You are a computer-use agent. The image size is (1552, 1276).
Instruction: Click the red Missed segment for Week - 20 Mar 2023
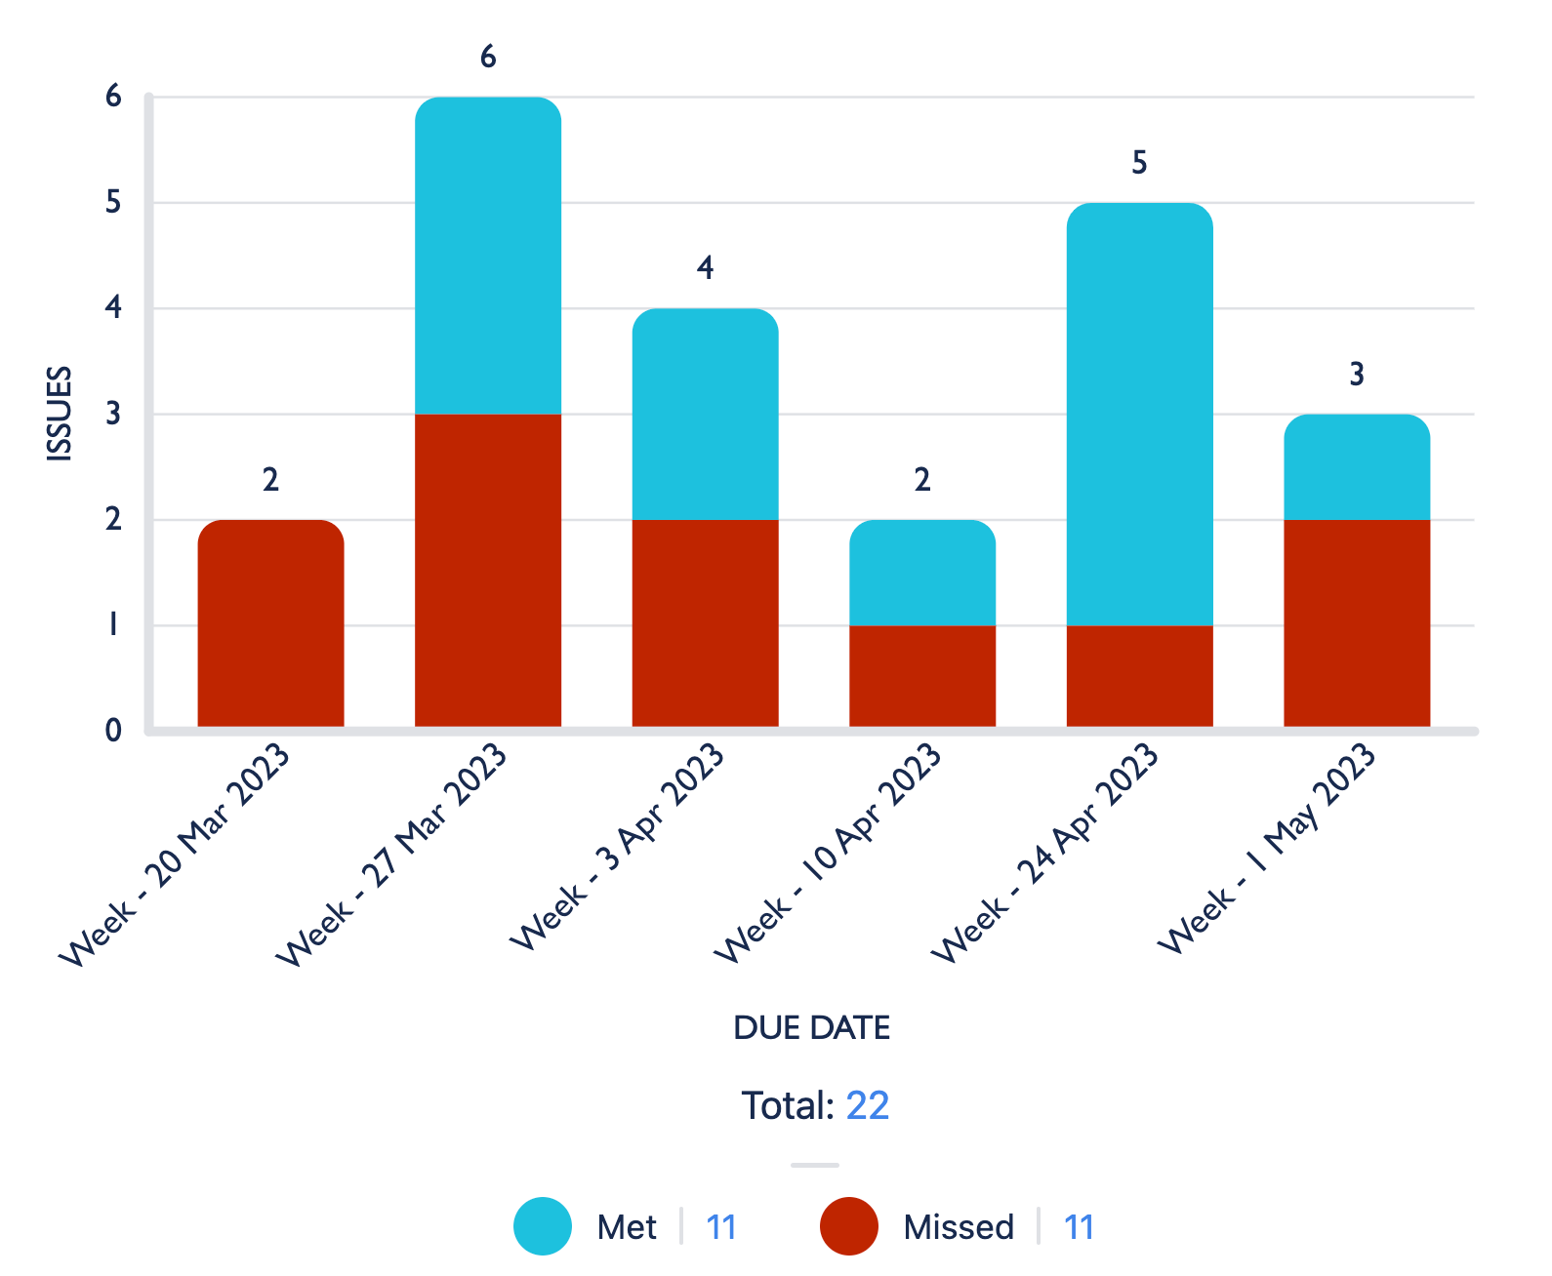270,624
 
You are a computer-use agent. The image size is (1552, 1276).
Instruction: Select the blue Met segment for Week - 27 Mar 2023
488,256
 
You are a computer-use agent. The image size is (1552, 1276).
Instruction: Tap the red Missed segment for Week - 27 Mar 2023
488,571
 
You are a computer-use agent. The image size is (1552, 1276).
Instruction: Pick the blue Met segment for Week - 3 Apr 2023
705,415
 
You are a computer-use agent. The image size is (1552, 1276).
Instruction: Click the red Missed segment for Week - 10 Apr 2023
922,676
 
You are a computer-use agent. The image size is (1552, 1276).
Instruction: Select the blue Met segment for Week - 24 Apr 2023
1139,415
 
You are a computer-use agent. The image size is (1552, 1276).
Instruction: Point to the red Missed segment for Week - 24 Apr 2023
1139,676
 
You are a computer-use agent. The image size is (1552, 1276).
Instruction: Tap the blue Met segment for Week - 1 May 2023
1357,468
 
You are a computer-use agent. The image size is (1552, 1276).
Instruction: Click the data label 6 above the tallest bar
488,58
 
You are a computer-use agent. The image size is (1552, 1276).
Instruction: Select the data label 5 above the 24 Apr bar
1139,163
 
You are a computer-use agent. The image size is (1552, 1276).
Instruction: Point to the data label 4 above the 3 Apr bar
705,268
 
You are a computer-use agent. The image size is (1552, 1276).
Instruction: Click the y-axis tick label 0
113,731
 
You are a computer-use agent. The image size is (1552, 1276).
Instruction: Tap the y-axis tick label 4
113,308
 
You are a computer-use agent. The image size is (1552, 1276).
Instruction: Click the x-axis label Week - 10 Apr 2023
828,854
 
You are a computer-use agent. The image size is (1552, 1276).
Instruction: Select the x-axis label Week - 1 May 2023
1267,849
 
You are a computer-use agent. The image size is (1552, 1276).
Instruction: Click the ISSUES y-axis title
60,413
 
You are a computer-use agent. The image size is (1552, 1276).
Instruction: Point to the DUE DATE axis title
811,1028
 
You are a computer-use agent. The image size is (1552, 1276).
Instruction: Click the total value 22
867,1106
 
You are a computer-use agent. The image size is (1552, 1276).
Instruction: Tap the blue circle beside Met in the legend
543,1226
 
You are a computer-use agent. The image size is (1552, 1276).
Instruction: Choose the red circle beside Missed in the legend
848,1226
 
